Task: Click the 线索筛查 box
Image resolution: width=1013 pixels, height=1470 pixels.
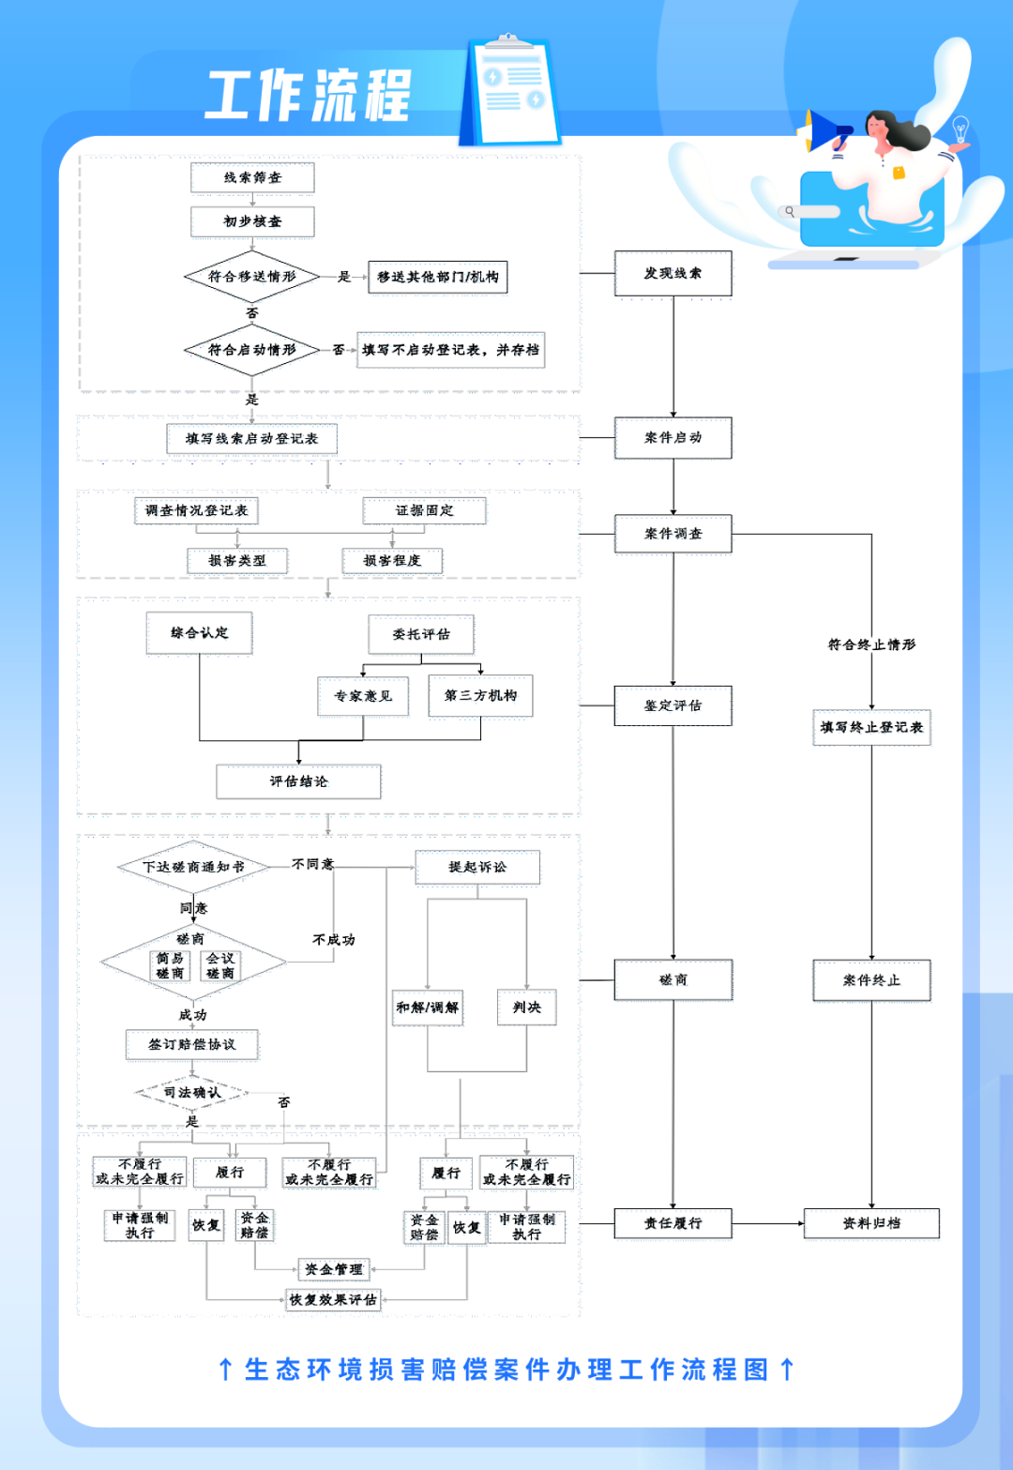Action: [x=252, y=177]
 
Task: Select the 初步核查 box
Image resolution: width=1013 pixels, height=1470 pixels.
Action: [x=252, y=221]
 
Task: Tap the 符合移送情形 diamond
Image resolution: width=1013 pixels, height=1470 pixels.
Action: [x=251, y=277]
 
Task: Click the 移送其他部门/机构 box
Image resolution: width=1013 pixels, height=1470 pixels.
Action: [x=437, y=277]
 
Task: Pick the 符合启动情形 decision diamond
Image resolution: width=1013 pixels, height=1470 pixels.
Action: [x=251, y=350]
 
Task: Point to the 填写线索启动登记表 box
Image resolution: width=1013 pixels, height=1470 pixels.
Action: [x=251, y=438]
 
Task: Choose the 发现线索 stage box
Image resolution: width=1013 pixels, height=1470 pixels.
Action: [x=673, y=274]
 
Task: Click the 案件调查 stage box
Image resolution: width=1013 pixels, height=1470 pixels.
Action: [x=673, y=534]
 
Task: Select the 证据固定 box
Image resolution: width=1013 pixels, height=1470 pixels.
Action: [x=424, y=510]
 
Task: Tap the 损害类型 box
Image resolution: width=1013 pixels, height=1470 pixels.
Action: [x=236, y=560]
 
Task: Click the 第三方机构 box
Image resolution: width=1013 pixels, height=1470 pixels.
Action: [x=480, y=696]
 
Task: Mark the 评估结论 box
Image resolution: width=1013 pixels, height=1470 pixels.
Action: [x=298, y=781]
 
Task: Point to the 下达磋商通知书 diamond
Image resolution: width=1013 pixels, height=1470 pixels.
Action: [x=193, y=867]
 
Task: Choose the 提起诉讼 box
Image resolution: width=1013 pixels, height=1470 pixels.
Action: [x=477, y=867]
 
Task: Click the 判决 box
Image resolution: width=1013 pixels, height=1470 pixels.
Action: [x=526, y=1008]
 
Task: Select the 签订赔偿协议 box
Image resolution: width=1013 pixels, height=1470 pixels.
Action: [x=192, y=1044]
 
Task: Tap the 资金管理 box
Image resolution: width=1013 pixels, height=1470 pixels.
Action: [x=333, y=1269]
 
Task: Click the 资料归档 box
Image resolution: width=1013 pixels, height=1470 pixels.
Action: [x=871, y=1223]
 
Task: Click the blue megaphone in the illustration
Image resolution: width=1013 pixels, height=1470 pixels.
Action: [x=827, y=131]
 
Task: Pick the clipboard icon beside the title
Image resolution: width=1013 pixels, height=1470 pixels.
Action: [x=511, y=91]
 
